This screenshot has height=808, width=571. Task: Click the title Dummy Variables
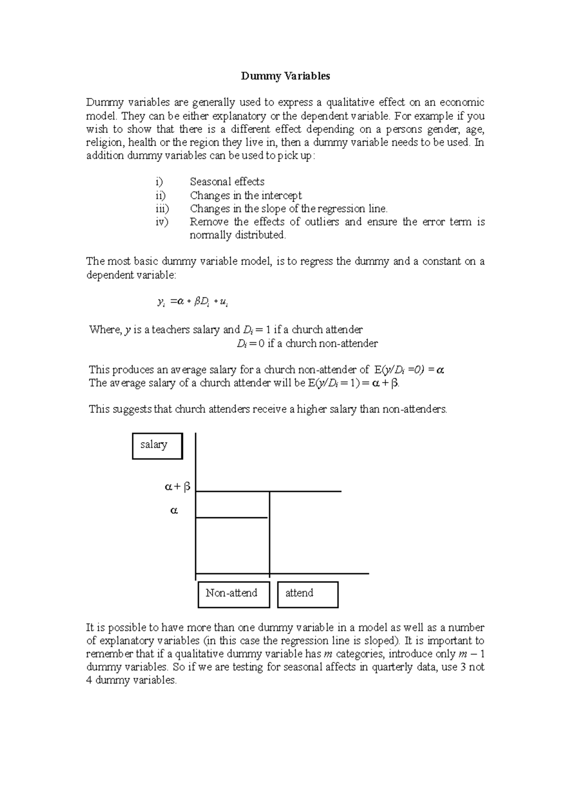(285, 76)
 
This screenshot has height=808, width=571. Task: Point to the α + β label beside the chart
(177, 487)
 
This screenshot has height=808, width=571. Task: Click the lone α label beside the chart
(174, 511)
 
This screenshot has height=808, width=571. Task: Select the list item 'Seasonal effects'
(227, 182)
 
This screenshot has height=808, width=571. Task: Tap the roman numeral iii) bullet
(162, 208)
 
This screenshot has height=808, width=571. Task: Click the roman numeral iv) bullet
(162, 222)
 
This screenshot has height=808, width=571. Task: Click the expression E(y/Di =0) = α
(409, 370)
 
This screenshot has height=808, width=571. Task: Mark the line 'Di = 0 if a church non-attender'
(307, 344)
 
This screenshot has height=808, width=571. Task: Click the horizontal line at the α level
(232, 517)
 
